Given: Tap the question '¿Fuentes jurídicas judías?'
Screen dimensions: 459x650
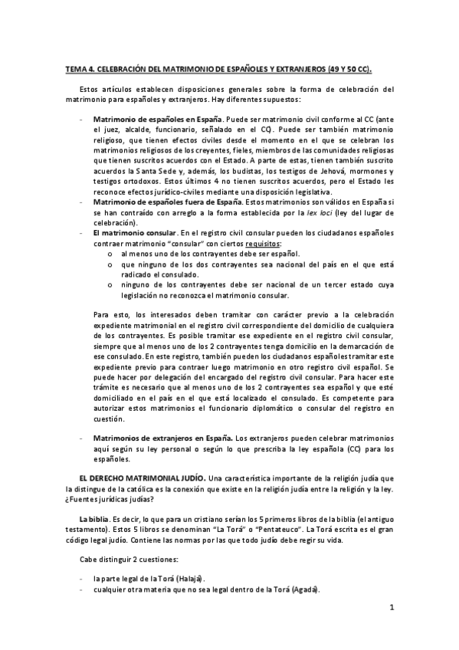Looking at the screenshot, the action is [111, 499].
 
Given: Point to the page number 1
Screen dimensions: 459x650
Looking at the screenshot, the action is [391, 609].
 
